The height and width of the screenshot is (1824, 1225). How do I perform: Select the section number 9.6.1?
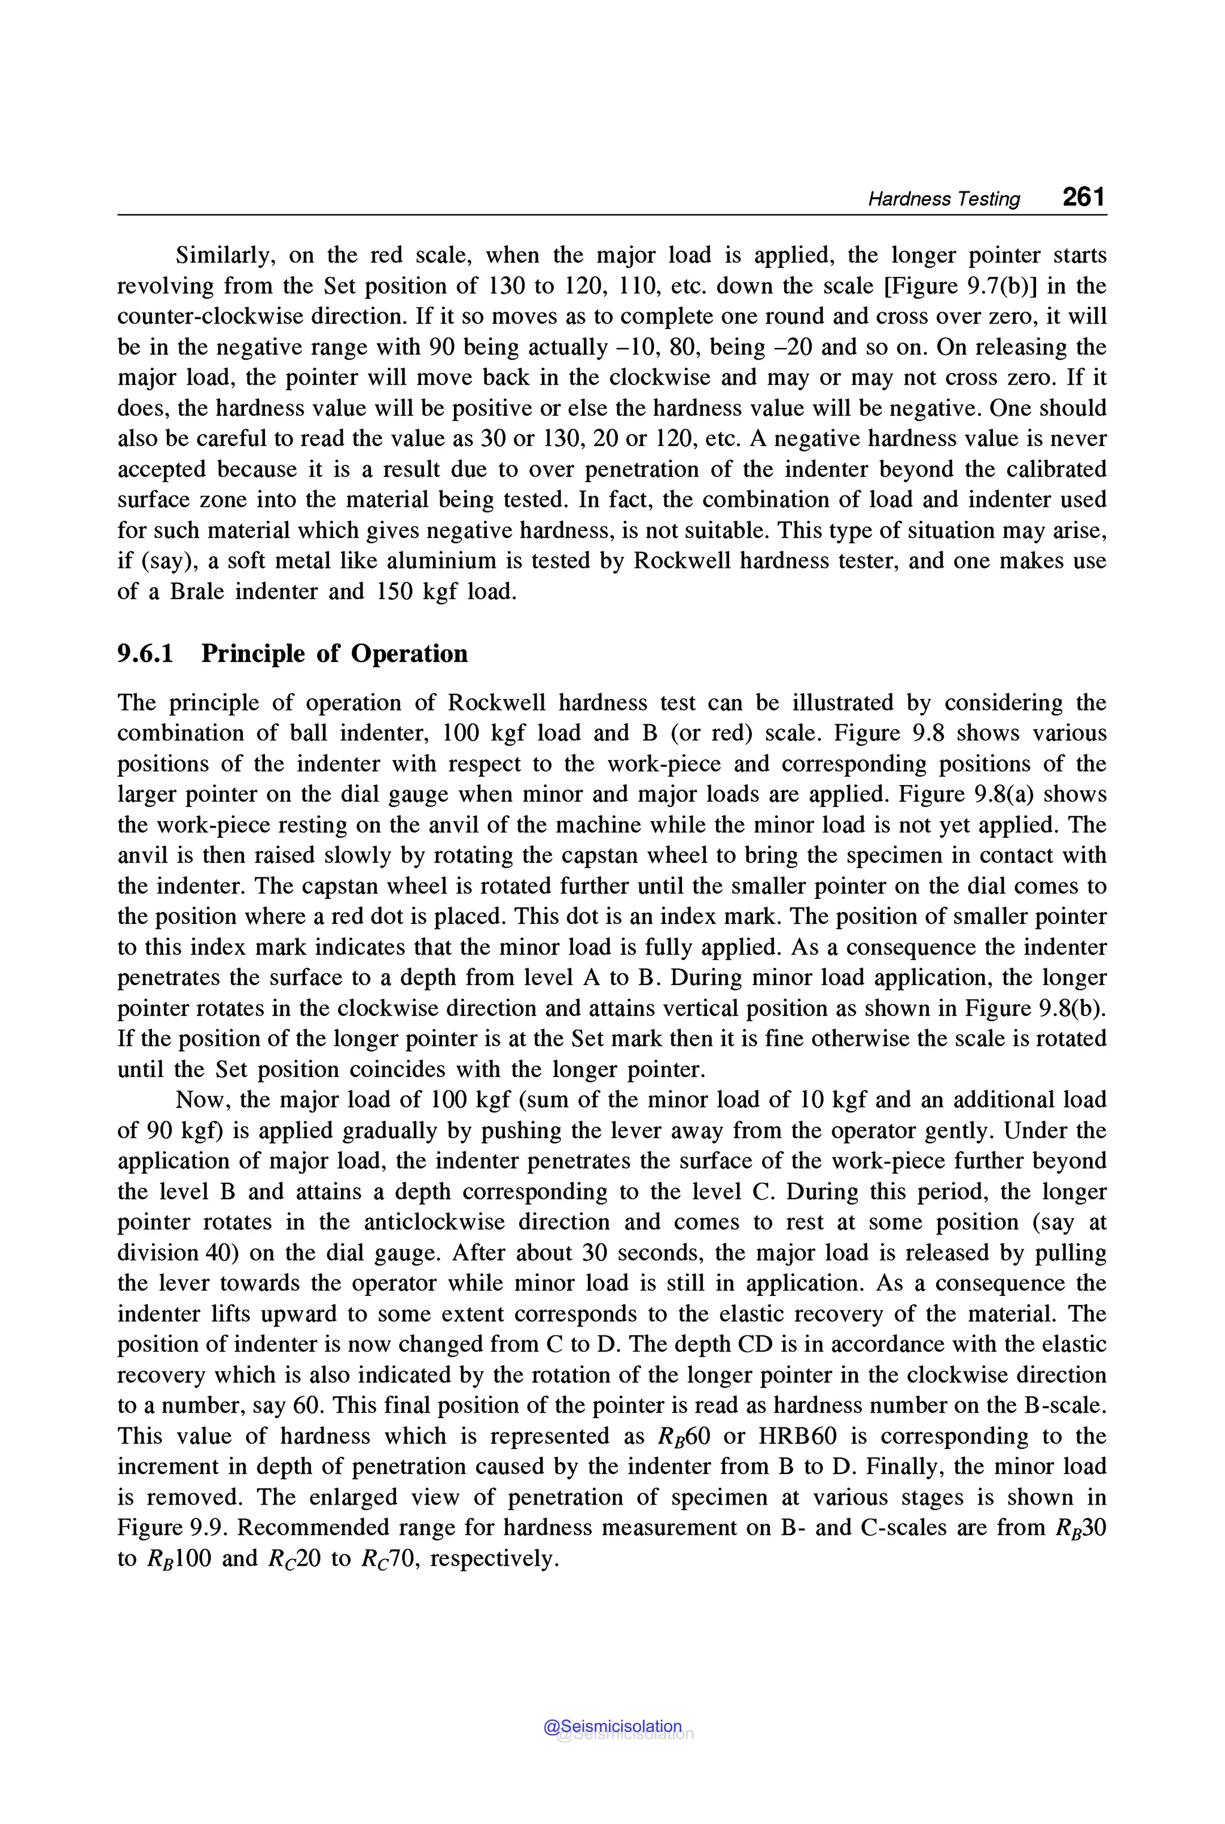pos(145,653)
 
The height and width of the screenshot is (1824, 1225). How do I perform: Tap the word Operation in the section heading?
pos(409,653)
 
